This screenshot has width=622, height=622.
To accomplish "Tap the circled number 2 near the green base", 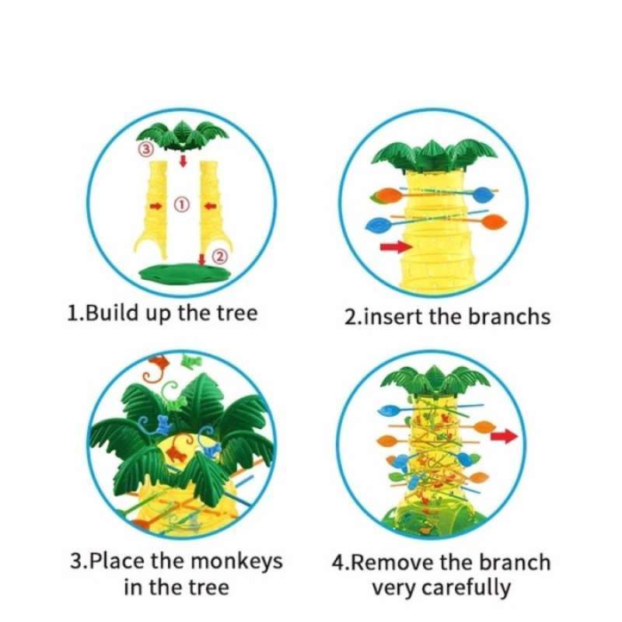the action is click(x=220, y=257).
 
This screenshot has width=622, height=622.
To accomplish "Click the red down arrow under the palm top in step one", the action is click(x=183, y=161).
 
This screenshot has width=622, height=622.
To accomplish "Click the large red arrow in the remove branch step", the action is click(x=504, y=436).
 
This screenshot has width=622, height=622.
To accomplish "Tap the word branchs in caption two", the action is click(x=509, y=317).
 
